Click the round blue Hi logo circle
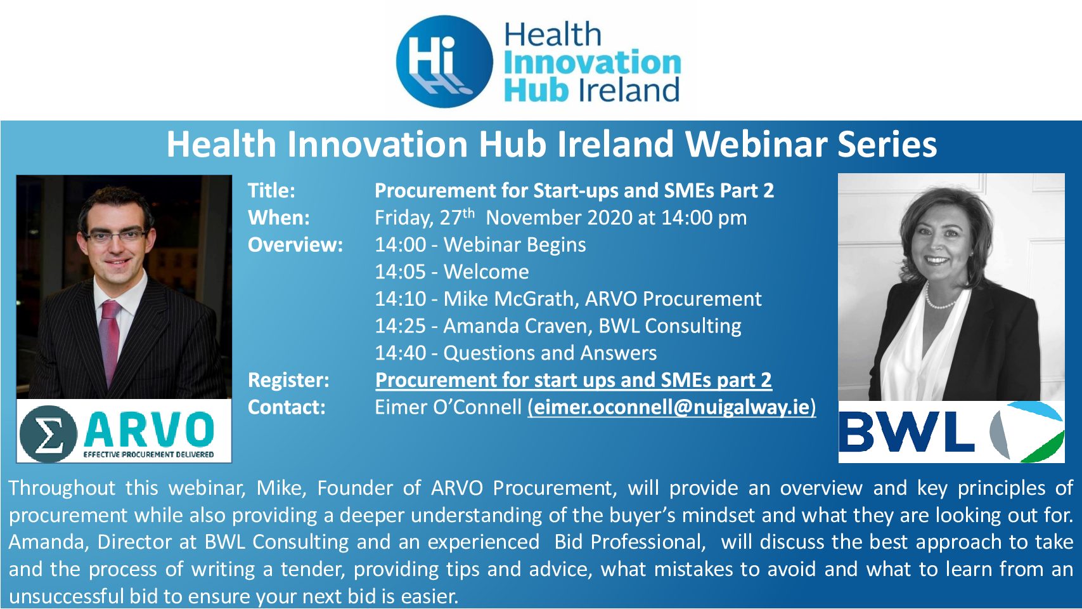[444, 61]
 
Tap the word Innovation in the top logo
[592, 63]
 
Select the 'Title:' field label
[271, 190]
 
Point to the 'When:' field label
[279, 218]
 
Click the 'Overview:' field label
[295, 245]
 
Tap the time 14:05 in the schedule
[400, 272]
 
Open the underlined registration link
[574, 380]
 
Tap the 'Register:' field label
[288, 380]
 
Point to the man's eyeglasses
[117, 236]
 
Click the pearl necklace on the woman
[939, 299]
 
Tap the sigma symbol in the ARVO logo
[48, 433]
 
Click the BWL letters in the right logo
[906, 431]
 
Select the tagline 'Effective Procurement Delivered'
[149, 454]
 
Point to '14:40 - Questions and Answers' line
[516, 353]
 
